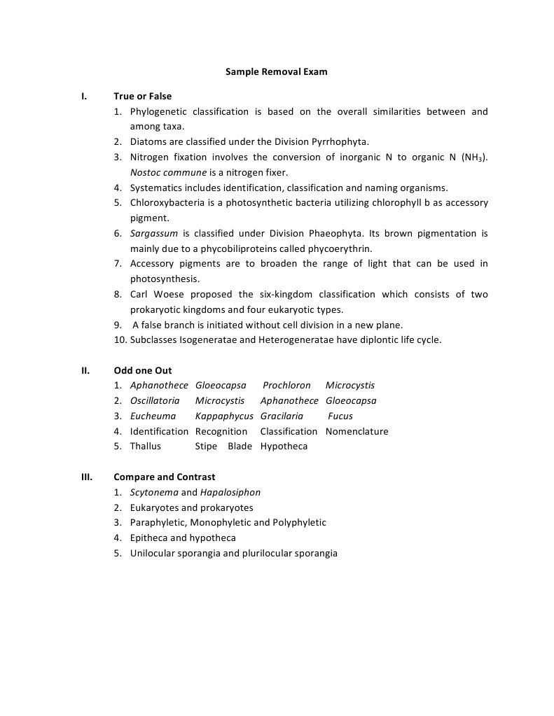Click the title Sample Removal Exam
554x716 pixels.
pyautogui.click(x=276, y=71)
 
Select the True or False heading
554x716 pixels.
pyautogui.click(x=142, y=96)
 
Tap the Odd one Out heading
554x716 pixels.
pyautogui.click(x=142, y=370)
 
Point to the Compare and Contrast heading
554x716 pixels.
pyautogui.click(x=164, y=477)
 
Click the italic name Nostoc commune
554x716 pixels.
pyautogui.click(x=168, y=172)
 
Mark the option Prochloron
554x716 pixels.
pyautogui.click(x=286, y=386)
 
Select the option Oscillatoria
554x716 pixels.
pyautogui.click(x=155, y=401)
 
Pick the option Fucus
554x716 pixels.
pyautogui.click(x=340, y=416)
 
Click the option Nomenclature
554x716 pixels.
pyautogui.click(x=356, y=432)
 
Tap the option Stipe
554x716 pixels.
pyautogui.click(x=206, y=447)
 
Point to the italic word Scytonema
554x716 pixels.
pyautogui.click(x=154, y=493)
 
